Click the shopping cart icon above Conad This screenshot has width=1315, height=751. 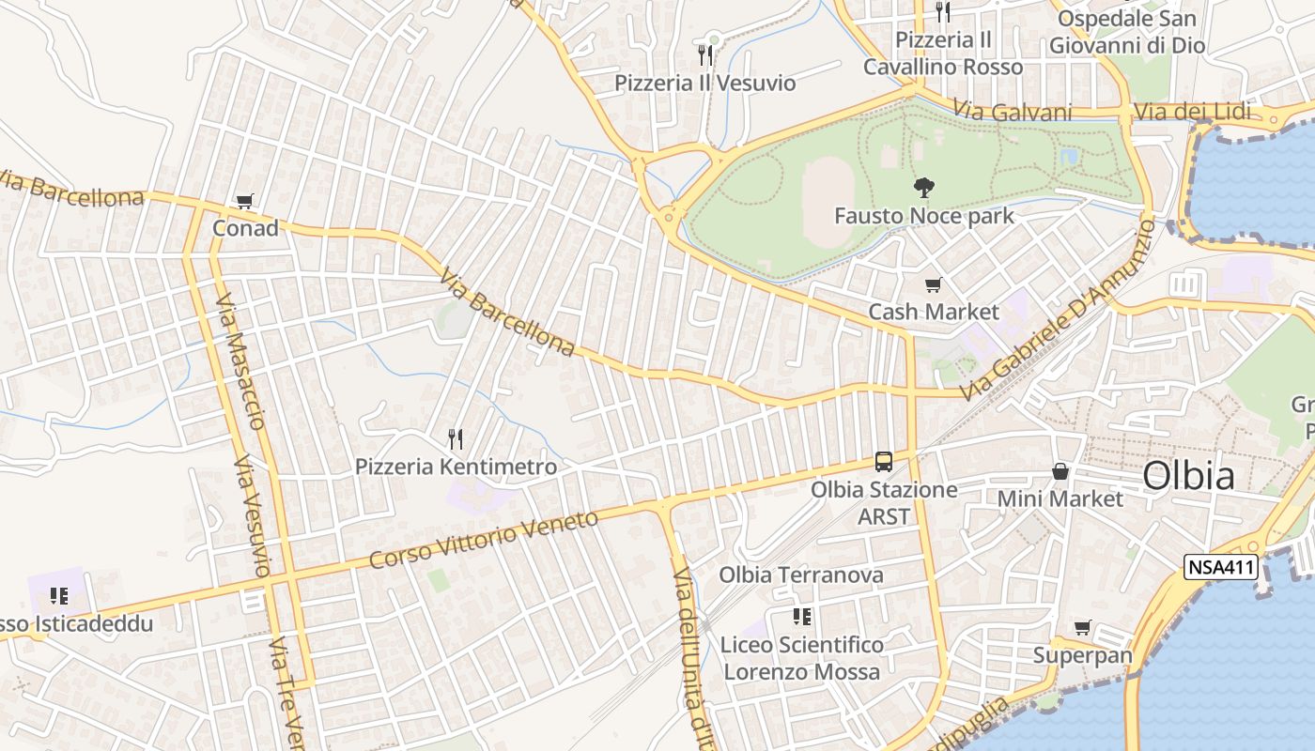[x=245, y=200]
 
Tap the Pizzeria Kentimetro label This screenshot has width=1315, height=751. [x=456, y=467]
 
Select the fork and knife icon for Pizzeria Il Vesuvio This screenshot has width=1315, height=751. [x=704, y=55]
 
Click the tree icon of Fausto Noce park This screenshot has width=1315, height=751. [x=924, y=188]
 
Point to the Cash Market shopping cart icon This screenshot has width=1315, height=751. [x=933, y=284]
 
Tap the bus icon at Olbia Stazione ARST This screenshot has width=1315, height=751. [x=884, y=461]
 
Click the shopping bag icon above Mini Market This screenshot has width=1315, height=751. [x=1060, y=471]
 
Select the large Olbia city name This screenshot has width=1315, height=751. [x=1188, y=476]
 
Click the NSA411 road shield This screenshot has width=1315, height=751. [x=1220, y=567]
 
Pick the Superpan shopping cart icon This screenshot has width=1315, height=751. [x=1083, y=627]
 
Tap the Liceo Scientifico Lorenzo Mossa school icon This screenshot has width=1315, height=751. [x=802, y=617]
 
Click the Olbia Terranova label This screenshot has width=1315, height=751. [x=801, y=575]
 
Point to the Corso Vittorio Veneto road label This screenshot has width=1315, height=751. [x=483, y=540]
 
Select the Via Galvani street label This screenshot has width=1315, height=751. [x=1013, y=111]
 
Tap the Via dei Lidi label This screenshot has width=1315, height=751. [x=1192, y=112]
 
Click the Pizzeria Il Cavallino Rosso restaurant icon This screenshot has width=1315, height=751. [x=943, y=12]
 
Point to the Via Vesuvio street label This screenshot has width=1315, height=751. [x=254, y=516]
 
